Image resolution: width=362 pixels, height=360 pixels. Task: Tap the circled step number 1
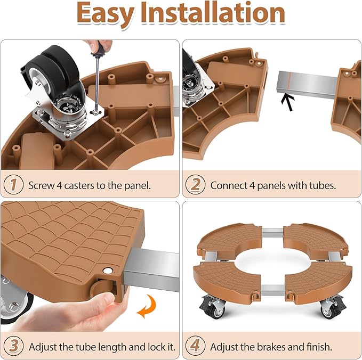[13, 185]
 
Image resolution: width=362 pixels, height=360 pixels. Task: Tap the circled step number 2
[195, 185]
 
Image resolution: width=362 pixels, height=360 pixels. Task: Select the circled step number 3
[13, 346]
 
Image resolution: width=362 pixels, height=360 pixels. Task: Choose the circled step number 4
[195, 346]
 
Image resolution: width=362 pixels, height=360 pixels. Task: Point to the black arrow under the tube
[288, 102]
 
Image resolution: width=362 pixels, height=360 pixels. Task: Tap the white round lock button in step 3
[108, 271]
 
